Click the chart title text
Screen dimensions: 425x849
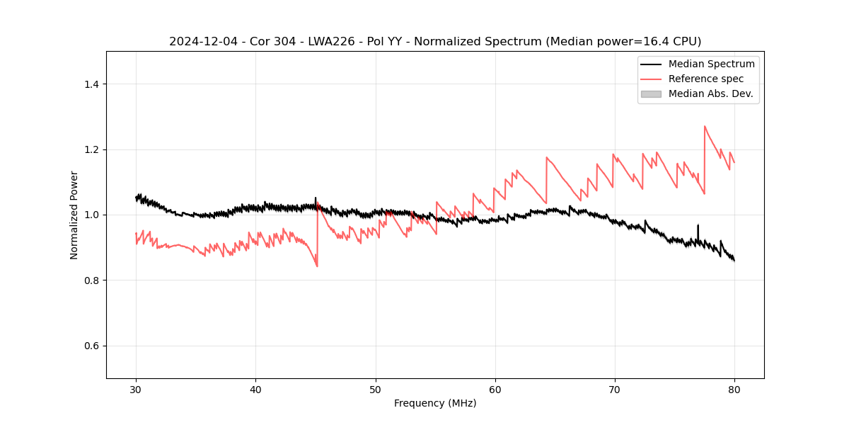click(435, 42)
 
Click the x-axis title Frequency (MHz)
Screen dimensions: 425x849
click(435, 403)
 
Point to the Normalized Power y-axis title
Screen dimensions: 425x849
click(74, 215)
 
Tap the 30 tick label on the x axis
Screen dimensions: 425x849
click(136, 390)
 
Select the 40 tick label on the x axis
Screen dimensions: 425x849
click(255, 390)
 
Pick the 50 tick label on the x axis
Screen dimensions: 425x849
click(376, 390)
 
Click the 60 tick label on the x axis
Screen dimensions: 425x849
click(495, 390)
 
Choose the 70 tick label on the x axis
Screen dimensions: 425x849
click(615, 390)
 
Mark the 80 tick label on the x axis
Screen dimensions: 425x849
click(734, 390)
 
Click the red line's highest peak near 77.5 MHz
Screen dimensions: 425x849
click(705, 126)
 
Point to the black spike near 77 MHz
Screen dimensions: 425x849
click(698, 225)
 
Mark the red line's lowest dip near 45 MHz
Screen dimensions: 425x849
click(317, 266)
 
